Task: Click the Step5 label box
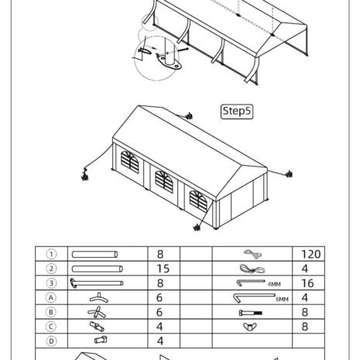237,111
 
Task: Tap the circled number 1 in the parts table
51,254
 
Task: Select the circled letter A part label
51,297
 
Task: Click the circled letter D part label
51,341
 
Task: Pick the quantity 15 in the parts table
163,269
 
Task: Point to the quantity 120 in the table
311,254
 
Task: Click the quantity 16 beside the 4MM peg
307,283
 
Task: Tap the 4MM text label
274,284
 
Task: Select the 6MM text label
282,300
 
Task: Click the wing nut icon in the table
250,327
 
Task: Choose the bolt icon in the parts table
250,313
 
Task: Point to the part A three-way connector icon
99,298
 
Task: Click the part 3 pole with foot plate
97,283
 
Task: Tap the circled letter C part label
51,327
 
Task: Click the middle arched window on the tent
164,182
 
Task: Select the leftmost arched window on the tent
130,162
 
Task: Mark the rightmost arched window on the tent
198,201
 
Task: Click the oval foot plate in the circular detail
170,63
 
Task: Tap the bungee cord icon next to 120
252,254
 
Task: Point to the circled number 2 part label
51,269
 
